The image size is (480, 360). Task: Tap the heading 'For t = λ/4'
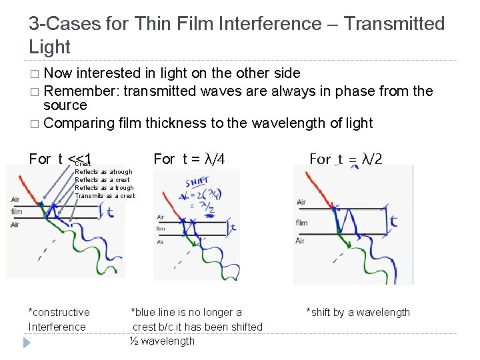pyautogui.click(x=189, y=159)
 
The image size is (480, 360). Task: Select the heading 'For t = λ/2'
pyautogui.click(x=346, y=159)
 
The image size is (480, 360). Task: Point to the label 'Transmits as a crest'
pyautogui.click(x=105, y=196)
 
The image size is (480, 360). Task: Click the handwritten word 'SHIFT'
pyautogui.click(x=197, y=181)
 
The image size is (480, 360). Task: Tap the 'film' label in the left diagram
pyautogui.click(x=17, y=212)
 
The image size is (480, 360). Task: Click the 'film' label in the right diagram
pyautogui.click(x=301, y=223)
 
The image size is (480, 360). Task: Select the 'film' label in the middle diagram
pyautogui.click(x=161, y=229)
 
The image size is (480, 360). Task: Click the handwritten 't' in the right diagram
pyautogui.click(x=394, y=221)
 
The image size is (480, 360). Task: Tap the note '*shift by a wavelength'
pyautogui.click(x=358, y=313)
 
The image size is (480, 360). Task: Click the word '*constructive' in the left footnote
pyautogui.click(x=59, y=313)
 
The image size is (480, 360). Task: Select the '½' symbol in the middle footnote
pyautogui.click(x=134, y=341)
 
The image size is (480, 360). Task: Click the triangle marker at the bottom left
pyautogui.click(x=27, y=343)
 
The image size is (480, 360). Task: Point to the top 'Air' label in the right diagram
pyautogui.click(x=301, y=202)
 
